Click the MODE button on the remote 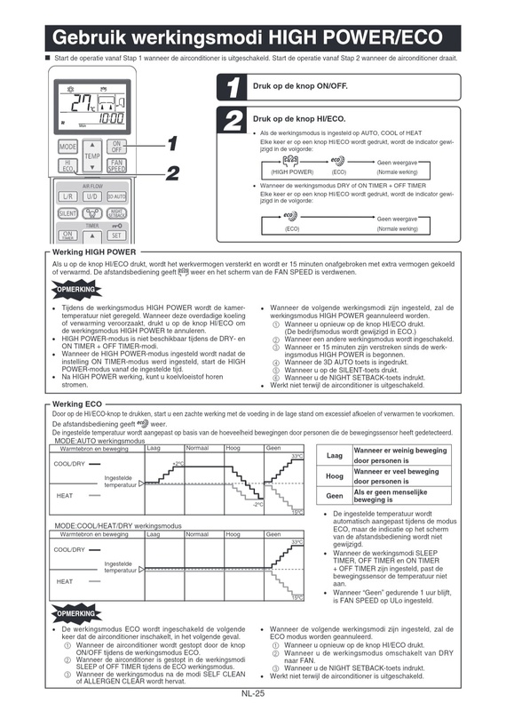coord(67,146)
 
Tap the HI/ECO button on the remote coord(67,166)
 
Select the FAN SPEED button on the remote coord(116,166)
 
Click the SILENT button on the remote coord(67,213)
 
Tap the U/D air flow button coord(92,196)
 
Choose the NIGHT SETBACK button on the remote coord(116,213)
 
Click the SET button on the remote coord(116,236)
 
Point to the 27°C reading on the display coord(85,101)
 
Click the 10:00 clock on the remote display coord(110,118)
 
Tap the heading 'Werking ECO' coord(75,404)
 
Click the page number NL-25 coord(253,693)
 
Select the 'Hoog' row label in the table coord(335,476)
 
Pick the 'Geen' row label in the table coord(335,496)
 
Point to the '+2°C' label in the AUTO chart coord(178,463)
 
